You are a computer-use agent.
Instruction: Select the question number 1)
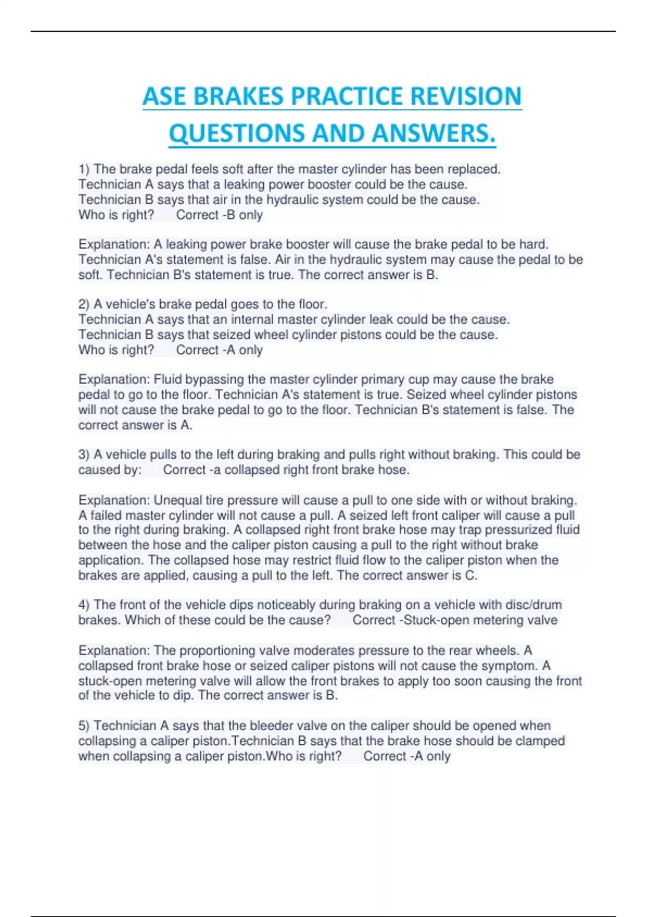85,169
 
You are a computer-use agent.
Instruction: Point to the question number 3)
85,455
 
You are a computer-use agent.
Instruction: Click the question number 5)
85,726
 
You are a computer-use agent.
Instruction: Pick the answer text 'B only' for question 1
244,215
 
